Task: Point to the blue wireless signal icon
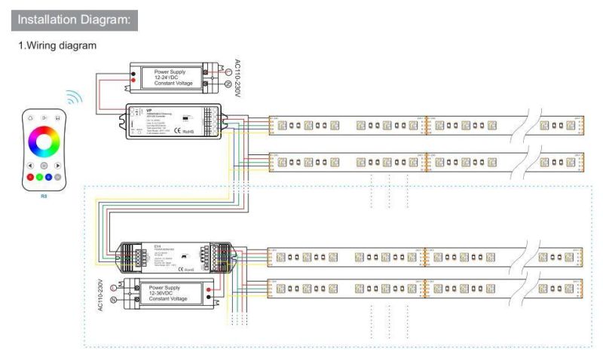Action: click(x=73, y=98)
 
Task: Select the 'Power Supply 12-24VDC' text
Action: click(x=174, y=76)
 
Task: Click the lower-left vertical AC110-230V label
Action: click(x=99, y=295)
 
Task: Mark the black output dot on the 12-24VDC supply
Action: click(x=134, y=68)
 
